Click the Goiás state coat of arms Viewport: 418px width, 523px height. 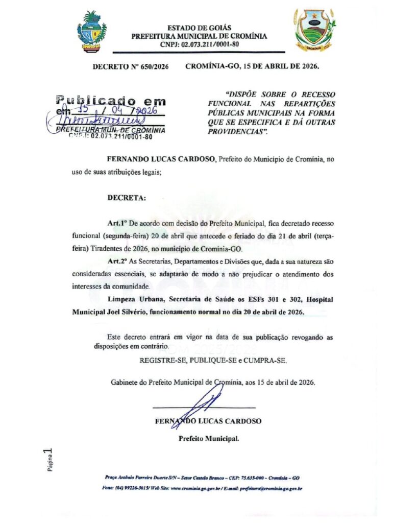click(x=92, y=32)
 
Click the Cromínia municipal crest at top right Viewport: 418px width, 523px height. click(x=314, y=31)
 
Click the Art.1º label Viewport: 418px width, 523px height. click(x=117, y=223)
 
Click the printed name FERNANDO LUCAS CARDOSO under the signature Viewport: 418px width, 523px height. click(x=208, y=421)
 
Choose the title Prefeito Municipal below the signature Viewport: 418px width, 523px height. click(x=208, y=438)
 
